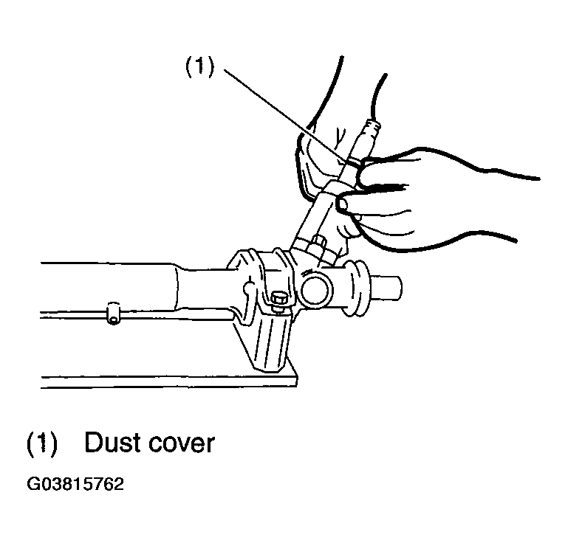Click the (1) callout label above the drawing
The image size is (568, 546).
(200, 67)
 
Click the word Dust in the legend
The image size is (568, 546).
(112, 442)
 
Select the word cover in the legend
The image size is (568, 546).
(182, 445)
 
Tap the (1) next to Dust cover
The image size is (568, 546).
(42, 443)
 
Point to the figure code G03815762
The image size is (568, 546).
(75, 484)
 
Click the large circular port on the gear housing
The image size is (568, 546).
(316, 288)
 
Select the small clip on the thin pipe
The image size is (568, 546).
(114, 313)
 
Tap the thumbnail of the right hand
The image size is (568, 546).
(341, 205)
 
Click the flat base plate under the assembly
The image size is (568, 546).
(169, 381)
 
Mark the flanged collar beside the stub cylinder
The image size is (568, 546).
(357, 288)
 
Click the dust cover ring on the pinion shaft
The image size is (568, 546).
(352, 165)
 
